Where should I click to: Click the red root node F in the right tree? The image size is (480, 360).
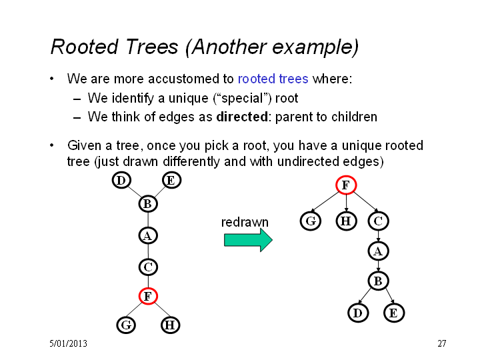pyautogui.click(x=346, y=185)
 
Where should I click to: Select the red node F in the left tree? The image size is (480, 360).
pyautogui.click(x=148, y=296)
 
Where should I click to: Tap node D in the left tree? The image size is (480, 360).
pyautogui.click(x=121, y=180)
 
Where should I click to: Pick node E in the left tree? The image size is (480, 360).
pyautogui.click(x=171, y=180)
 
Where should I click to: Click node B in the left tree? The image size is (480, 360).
pyautogui.click(x=148, y=204)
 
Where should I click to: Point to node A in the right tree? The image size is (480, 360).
pyautogui.click(x=379, y=251)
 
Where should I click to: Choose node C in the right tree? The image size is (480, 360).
pyautogui.click(x=379, y=221)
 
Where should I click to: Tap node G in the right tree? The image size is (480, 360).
pyautogui.click(x=311, y=221)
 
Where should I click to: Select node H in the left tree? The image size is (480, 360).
pyautogui.click(x=170, y=325)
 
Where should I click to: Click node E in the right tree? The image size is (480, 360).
pyautogui.click(x=394, y=313)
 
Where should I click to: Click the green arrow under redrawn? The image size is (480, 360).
pyautogui.click(x=248, y=240)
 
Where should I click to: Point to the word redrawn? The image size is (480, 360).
pyautogui.click(x=245, y=222)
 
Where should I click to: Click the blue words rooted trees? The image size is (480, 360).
pyautogui.click(x=273, y=79)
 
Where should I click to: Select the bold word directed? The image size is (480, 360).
pyautogui.click(x=242, y=117)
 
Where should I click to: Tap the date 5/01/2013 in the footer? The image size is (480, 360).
pyautogui.click(x=68, y=343)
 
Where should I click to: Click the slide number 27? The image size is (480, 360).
pyautogui.click(x=442, y=343)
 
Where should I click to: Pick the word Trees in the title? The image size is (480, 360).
pyautogui.click(x=151, y=47)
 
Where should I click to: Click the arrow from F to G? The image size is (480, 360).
pyautogui.click(x=325, y=202)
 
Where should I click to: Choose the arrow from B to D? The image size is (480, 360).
pyautogui.click(x=365, y=296)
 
